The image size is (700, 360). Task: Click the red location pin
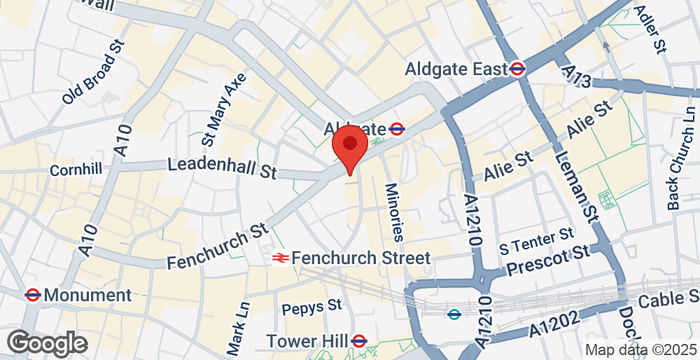pyautogui.click(x=349, y=146)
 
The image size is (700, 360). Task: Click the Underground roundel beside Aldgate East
pyautogui.click(x=518, y=69)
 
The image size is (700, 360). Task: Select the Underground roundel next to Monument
pyautogui.click(x=33, y=295)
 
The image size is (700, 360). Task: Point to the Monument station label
pyautogui.click(x=88, y=295)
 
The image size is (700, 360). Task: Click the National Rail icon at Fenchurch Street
pyautogui.click(x=281, y=258)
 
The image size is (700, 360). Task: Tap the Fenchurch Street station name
pyautogui.click(x=363, y=258)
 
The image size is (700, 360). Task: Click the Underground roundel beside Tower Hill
pyautogui.click(x=360, y=342)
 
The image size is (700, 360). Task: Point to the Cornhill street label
pyautogui.click(x=76, y=170)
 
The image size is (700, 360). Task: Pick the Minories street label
pyautogui.click(x=394, y=212)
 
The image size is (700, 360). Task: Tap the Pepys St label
pyautogui.click(x=312, y=305)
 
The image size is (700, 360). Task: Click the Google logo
pyautogui.click(x=46, y=343)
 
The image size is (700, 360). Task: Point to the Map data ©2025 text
pyautogui.click(x=640, y=350)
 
